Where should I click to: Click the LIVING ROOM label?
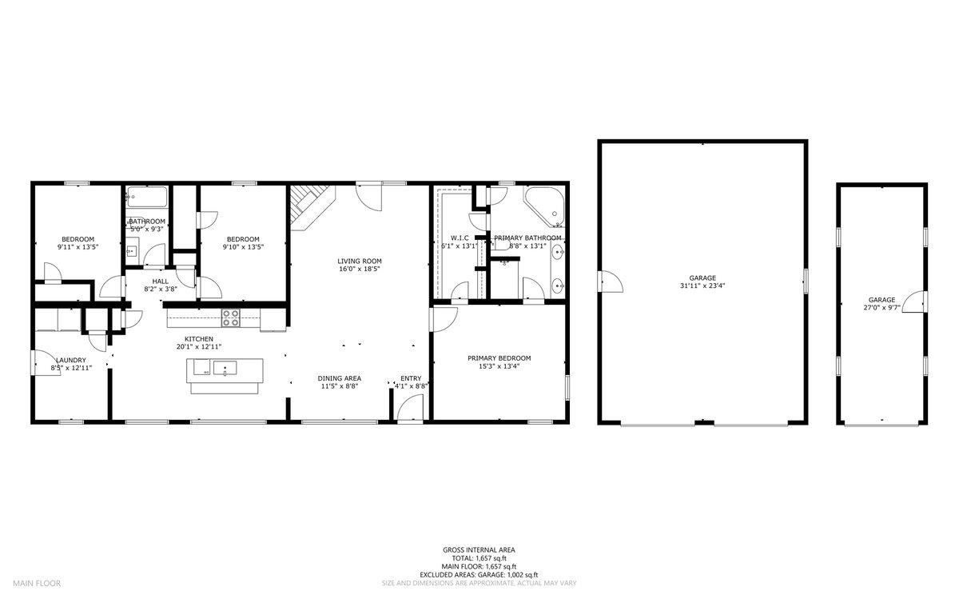(359, 261)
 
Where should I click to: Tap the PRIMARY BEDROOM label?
(499, 358)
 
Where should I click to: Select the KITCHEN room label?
(198, 338)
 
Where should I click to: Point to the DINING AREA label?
(339, 377)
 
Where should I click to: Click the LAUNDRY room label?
(70, 360)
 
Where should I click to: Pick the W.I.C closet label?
(459, 238)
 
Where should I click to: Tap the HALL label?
(161, 281)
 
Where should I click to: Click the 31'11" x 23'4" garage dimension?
(702, 286)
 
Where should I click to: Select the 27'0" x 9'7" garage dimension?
(881, 308)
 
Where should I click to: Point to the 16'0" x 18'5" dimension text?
(359, 270)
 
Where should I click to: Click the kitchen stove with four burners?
(230, 317)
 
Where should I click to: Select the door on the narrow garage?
(917, 302)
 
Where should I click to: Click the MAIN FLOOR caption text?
(36, 583)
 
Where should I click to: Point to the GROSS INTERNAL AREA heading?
(479, 549)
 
